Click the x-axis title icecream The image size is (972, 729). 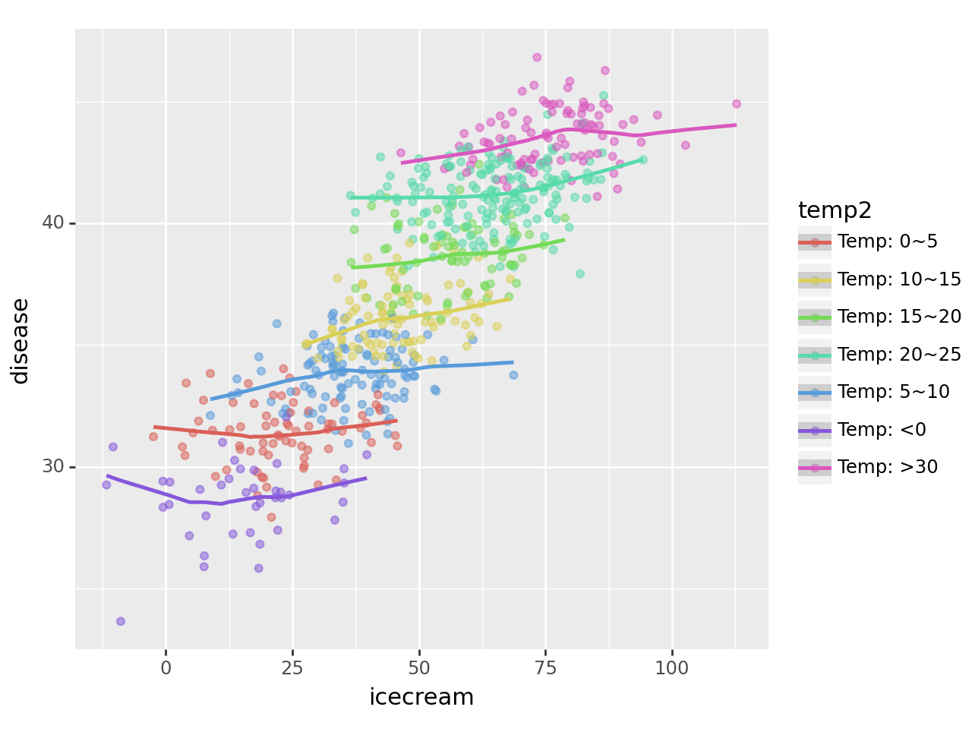pyautogui.click(x=421, y=696)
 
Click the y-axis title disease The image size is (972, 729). pyautogui.click(x=21, y=341)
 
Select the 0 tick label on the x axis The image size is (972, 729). pyautogui.click(x=166, y=668)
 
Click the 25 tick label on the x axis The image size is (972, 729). pyautogui.click(x=292, y=668)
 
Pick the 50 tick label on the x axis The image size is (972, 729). pyautogui.click(x=419, y=668)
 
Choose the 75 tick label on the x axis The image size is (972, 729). pyautogui.click(x=545, y=668)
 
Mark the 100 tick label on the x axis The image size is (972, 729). pyautogui.click(x=672, y=668)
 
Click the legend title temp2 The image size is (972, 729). pyautogui.click(x=835, y=210)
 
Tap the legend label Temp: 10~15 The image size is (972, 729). pyautogui.click(x=899, y=279)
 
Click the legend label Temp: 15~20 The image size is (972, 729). pyautogui.click(x=899, y=317)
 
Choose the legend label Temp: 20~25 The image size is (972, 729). pyautogui.click(x=899, y=355)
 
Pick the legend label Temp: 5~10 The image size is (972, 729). pyautogui.click(x=894, y=392)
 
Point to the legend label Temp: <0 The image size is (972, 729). pyautogui.click(x=882, y=430)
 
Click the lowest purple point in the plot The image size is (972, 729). pyautogui.click(x=121, y=621)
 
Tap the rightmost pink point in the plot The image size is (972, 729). pyautogui.click(x=736, y=104)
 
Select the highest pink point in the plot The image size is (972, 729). pyautogui.click(x=537, y=57)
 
